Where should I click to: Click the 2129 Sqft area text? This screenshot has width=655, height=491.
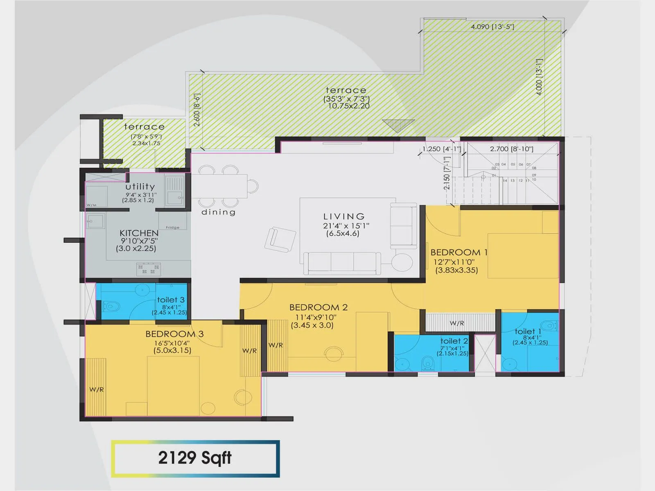195,458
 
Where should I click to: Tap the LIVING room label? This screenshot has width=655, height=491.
344,216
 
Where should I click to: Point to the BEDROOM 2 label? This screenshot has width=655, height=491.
318,307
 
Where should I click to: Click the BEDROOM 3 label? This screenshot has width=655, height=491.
174,334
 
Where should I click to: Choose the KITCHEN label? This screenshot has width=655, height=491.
139,233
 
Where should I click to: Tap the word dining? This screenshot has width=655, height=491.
219,212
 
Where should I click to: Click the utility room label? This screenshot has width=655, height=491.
140,187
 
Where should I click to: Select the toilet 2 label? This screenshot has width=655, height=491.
454,341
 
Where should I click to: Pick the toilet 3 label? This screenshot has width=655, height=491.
171,300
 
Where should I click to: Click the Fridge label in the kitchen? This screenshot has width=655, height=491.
172,227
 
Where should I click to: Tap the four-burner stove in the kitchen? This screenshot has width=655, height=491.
148,269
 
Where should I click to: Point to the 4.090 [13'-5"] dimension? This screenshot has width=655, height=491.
492,27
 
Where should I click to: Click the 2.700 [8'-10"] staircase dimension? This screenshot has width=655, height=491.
512,149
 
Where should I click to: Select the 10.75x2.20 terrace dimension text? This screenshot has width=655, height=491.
349,106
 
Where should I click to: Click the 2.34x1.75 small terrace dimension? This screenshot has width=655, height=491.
146,143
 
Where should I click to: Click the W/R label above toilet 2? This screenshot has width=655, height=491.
457,323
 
